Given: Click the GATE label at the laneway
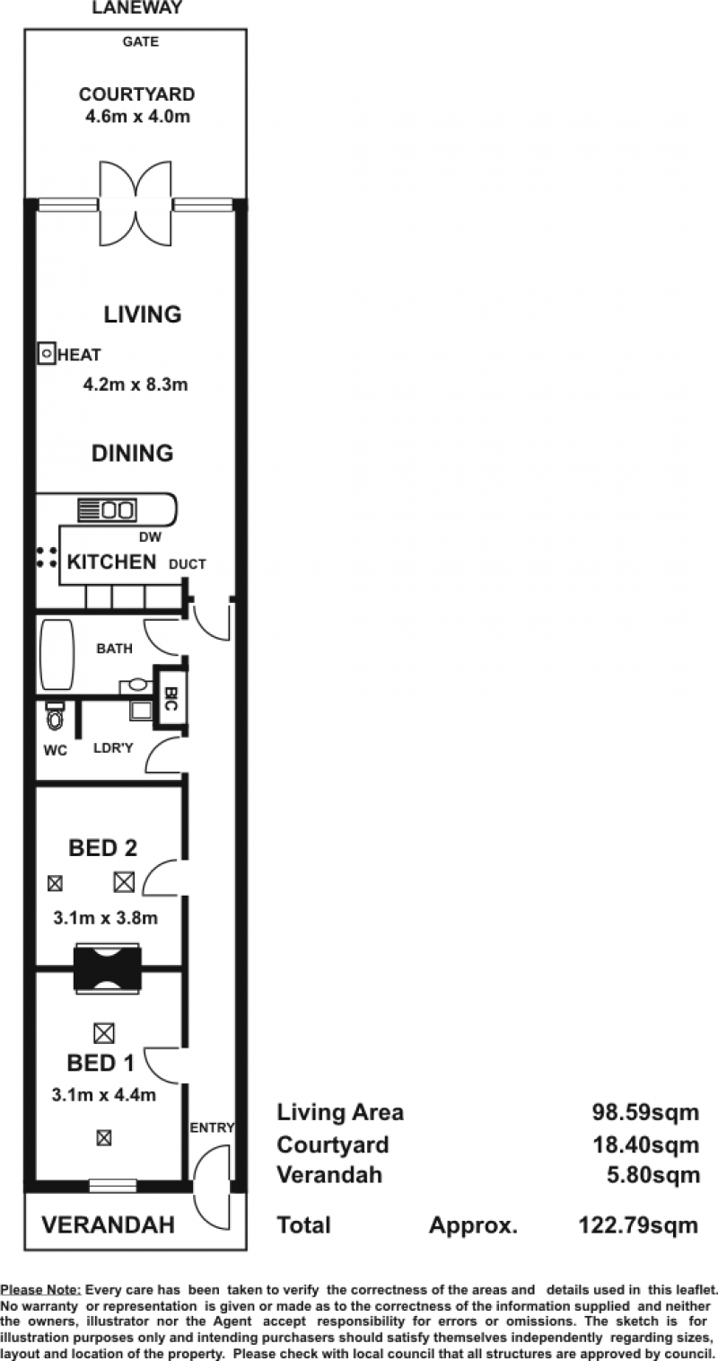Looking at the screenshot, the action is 140,42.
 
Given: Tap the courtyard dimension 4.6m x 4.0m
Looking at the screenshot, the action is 138,116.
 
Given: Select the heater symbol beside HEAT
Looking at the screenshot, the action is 47,353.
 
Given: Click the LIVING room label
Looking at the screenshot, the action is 143,314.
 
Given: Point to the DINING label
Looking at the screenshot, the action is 132,454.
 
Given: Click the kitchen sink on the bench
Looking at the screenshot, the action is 118,509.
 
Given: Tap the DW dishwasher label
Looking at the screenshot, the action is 150,537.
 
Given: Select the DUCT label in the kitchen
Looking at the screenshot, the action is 187,564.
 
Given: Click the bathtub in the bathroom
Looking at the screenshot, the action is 57,654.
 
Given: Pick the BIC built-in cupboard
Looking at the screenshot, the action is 171,698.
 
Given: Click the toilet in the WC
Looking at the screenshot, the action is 55,717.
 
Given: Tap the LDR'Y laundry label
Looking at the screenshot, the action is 113,748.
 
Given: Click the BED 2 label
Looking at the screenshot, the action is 102,847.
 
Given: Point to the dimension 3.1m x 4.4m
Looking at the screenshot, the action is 104,1095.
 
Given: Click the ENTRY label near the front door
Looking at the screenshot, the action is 212,1127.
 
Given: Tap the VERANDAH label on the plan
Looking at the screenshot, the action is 108,1224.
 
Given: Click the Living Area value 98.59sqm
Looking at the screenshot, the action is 646,1113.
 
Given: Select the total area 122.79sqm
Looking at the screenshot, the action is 638,1225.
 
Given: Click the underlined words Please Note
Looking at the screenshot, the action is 40,1290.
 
